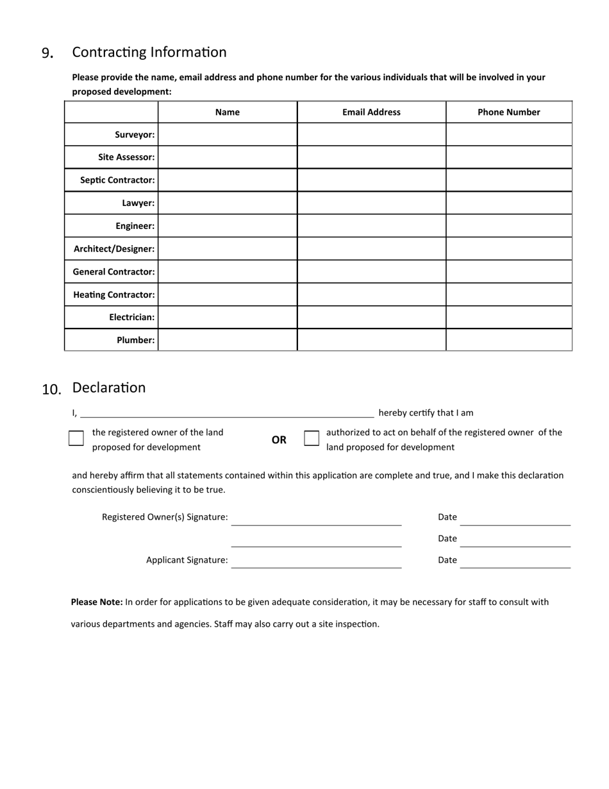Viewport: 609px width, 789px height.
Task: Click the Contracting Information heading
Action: tap(149, 53)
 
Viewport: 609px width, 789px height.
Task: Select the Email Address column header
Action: tap(371, 112)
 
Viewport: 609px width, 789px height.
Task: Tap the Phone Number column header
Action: tap(508, 112)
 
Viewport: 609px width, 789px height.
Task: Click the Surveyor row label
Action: tap(135, 135)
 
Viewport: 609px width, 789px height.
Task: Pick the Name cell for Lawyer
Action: tap(228, 203)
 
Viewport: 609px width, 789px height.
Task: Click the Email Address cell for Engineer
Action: tap(371, 226)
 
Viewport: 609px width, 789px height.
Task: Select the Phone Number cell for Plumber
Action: tap(508, 340)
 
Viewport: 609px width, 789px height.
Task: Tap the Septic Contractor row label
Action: tap(117, 180)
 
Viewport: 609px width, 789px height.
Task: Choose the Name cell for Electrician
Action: tap(228, 317)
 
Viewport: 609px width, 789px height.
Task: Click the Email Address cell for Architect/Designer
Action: tap(371, 248)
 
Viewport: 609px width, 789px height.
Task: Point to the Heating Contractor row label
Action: tap(114, 294)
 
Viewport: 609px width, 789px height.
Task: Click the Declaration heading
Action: tap(109, 387)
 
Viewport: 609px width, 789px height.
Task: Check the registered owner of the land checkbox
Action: tap(76, 438)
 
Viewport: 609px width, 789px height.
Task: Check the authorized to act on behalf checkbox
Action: tap(312, 438)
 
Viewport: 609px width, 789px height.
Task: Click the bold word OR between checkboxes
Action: tap(279, 440)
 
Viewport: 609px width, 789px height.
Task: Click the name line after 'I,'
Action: tap(227, 412)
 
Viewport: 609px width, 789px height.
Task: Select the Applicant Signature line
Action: tap(316, 561)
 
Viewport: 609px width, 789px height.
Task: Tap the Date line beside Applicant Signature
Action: tap(515, 561)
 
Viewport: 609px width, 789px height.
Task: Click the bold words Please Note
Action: tap(97, 602)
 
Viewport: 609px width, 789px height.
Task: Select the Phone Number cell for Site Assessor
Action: tap(508, 157)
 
